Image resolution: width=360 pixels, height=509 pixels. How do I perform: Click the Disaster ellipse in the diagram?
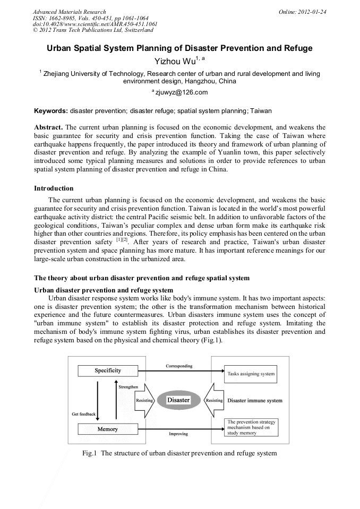pyautogui.click(x=178, y=400)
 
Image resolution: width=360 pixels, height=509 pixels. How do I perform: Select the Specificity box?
pyautogui.click(x=108, y=370)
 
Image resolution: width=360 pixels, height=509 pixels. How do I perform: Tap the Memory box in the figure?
pyautogui.click(x=108, y=429)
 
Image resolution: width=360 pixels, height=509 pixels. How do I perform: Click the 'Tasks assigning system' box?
pyautogui.click(x=251, y=374)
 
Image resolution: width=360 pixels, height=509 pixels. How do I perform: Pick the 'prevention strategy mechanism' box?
pyautogui.click(x=251, y=428)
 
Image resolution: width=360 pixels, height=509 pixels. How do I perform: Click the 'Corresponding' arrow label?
pyautogui.click(x=179, y=366)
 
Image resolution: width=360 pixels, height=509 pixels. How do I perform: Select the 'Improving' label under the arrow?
pyautogui.click(x=178, y=434)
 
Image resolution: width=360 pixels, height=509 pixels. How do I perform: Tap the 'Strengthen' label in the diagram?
pyautogui.click(x=129, y=387)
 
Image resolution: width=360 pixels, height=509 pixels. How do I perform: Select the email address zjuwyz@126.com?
pyautogui.click(x=181, y=92)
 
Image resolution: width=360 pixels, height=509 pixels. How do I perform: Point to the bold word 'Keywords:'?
pyautogui.click(x=51, y=111)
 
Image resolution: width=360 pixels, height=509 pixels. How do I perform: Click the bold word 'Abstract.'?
pyautogui.click(x=49, y=128)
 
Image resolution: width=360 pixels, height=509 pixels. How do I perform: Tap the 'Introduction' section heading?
pyautogui.click(x=54, y=188)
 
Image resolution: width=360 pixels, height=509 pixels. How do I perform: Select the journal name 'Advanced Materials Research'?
pyautogui.click(x=69, y=12)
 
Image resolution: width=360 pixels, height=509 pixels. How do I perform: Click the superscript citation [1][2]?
pyautogui.click(x=122, y=239)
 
